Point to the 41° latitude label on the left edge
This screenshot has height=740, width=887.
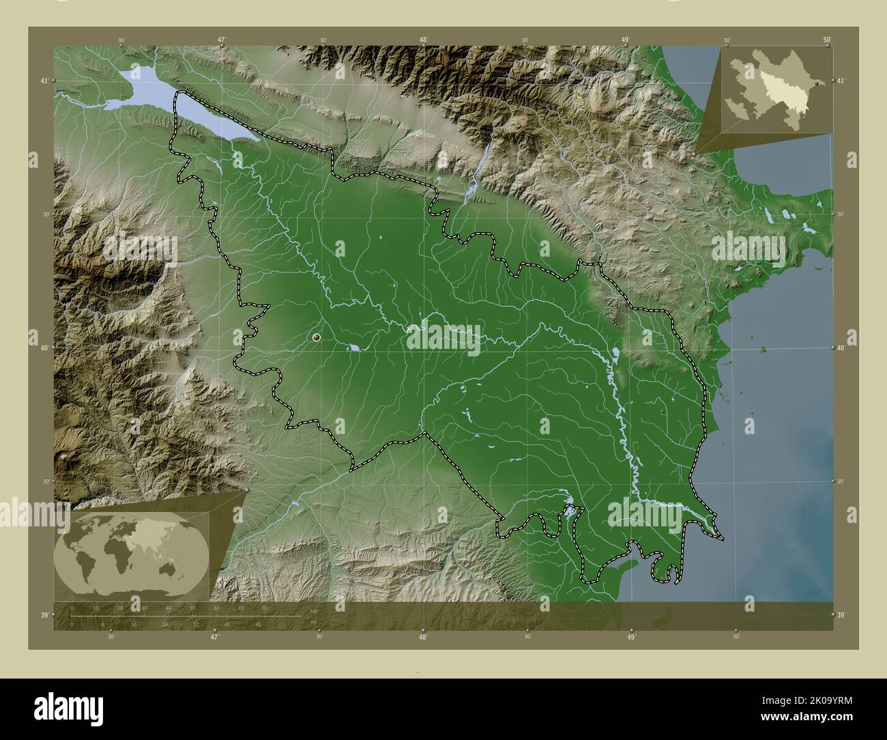43,81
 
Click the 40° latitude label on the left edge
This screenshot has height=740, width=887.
43,348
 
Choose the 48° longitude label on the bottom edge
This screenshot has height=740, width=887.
423,638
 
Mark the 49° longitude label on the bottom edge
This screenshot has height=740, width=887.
631,638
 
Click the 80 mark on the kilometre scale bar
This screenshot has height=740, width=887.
265,608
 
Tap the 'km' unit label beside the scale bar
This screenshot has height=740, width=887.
312,611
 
